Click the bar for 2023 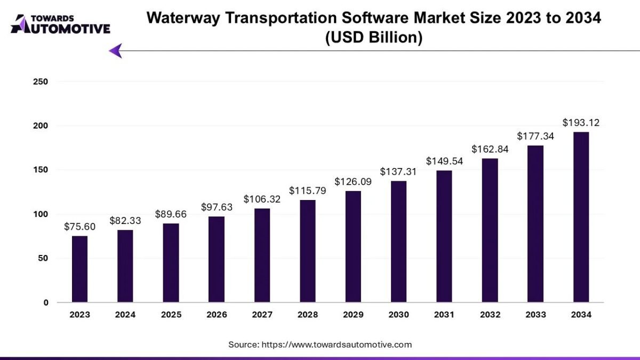(79, 269)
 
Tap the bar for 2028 (307, 251)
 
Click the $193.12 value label (581, 123)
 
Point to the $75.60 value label (79, 227)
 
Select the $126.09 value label (353, 181)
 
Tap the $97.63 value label (217, 207)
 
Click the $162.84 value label (490, 149)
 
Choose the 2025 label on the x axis (171, 315)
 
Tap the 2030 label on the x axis (398, 315)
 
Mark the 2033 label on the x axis (535, 315)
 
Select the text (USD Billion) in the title (374, 38)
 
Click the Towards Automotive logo (60, 24)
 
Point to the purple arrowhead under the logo (116, 51)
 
